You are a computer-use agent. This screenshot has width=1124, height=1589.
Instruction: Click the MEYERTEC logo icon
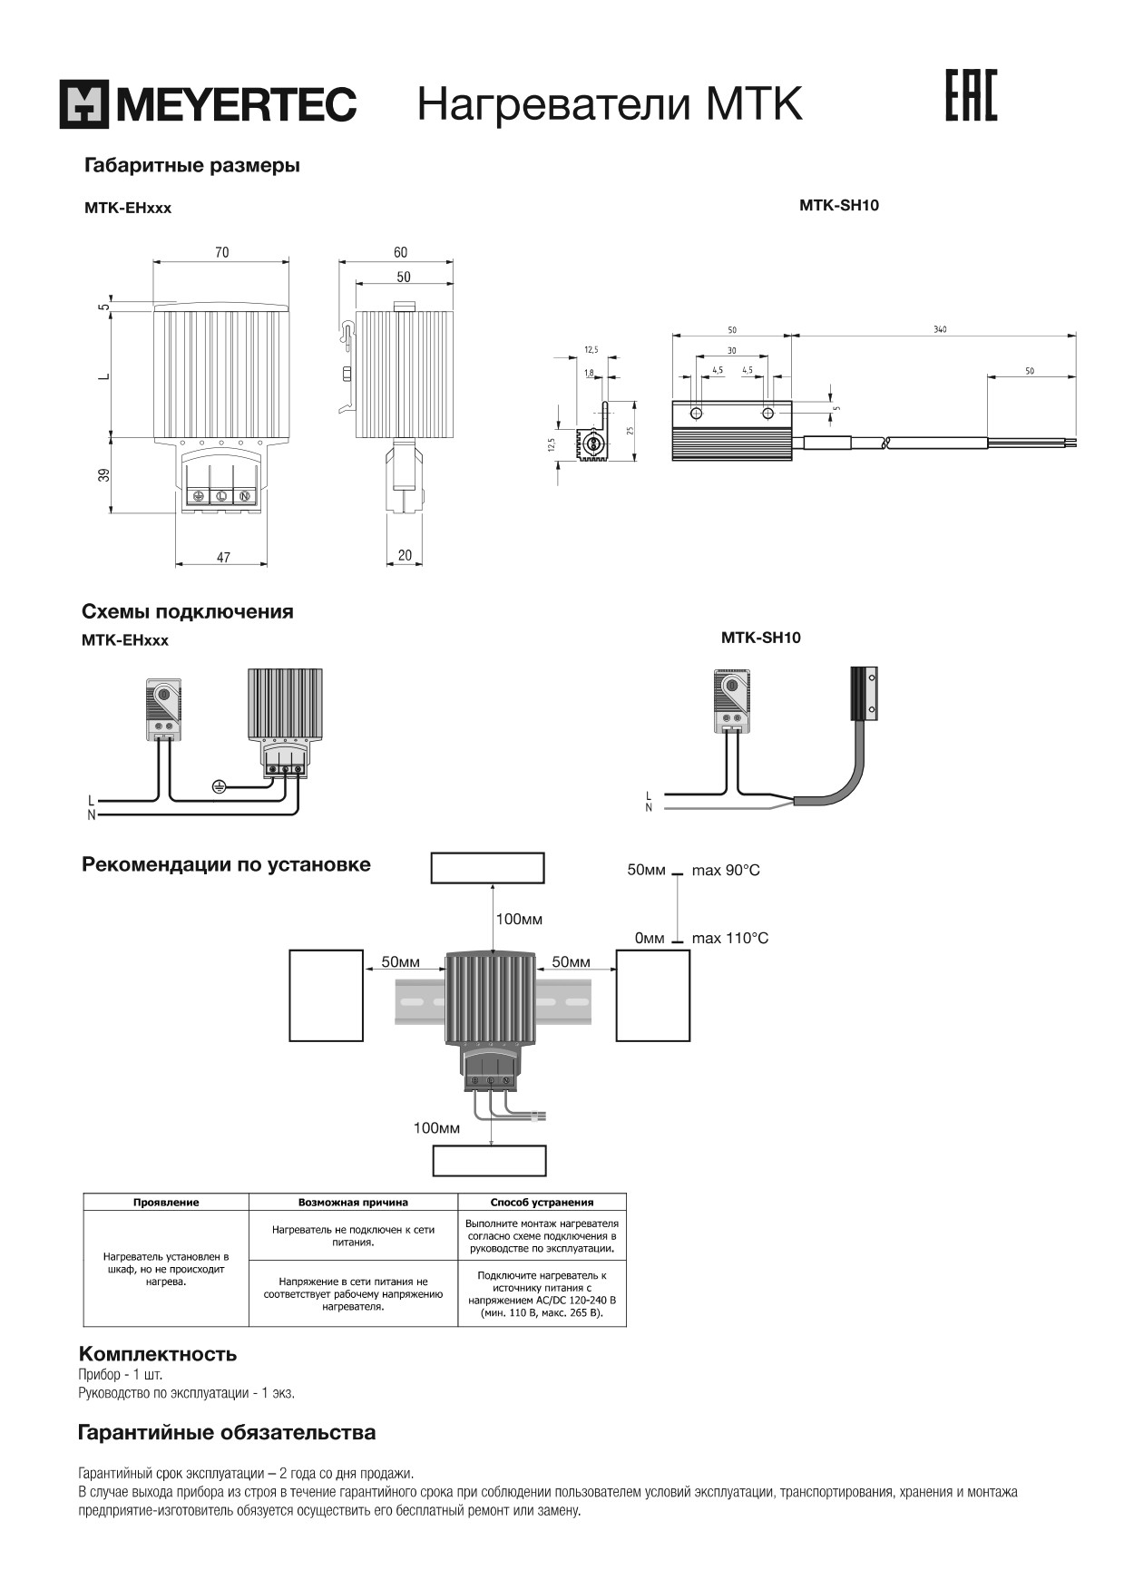tap(83, 104)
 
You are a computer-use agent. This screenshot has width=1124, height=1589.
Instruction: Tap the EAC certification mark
tap(971, 95)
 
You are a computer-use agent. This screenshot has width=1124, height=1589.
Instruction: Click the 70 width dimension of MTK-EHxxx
tap(222, 252)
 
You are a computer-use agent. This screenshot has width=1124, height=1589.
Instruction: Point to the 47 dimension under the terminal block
tap(223, 558)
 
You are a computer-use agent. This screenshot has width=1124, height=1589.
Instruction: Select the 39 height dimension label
tap(104, 474)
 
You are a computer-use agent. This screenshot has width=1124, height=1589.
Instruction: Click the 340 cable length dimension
tap(939, 329)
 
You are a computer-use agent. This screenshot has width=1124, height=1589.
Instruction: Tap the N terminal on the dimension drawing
tap(245, 496)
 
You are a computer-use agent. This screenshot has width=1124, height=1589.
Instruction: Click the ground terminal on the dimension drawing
tap(198, 496)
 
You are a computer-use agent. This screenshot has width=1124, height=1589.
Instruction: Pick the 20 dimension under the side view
tap(405, 555)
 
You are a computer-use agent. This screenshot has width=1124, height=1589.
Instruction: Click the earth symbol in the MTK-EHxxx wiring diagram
tap(218, 786)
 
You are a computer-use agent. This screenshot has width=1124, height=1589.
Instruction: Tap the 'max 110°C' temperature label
tap(729, 938)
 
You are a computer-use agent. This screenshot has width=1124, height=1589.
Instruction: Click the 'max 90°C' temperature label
tap(726, 871)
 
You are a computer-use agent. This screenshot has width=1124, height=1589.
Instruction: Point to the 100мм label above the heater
tap(519, 920)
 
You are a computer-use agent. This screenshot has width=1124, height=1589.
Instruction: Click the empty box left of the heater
tap(327, 995)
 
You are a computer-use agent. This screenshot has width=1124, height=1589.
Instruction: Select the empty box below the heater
tap(490, 1161)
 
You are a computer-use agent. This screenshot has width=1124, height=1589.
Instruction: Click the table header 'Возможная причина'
tap(353, 1203)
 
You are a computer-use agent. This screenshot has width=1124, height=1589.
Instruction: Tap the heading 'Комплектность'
tap(158, 1354)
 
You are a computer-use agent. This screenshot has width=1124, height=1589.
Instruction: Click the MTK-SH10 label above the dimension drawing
tap(839, 205)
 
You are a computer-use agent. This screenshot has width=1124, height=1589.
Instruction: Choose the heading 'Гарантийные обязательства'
tap(227, 1433)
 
